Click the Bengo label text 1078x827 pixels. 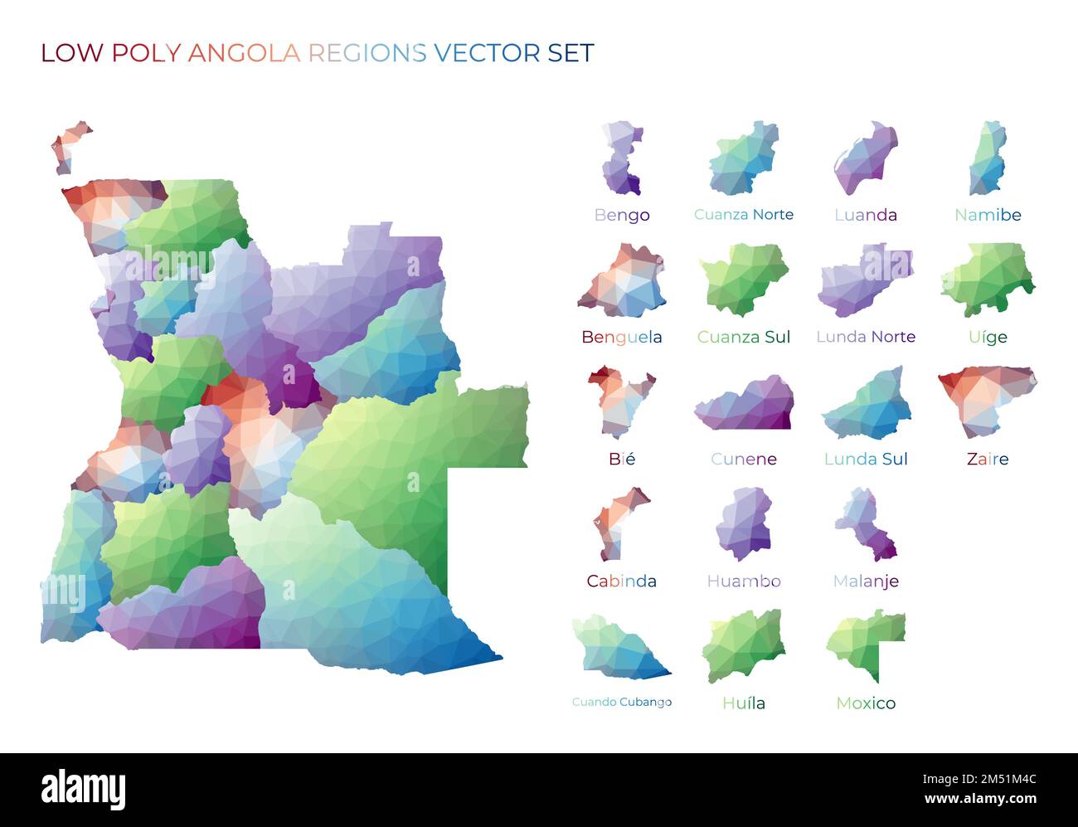point(621,215)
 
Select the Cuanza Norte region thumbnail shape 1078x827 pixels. point(743,159)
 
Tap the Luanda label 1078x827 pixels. point(865,215)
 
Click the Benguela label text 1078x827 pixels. point(621,337)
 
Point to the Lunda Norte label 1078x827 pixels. point(865,337)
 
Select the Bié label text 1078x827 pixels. point(621,459)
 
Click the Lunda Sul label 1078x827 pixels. point(865,459)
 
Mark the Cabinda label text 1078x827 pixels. point(621,581)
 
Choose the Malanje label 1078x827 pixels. point(865,581)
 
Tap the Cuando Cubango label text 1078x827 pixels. point(621,702)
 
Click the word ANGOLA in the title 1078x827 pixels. point(244,53)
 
